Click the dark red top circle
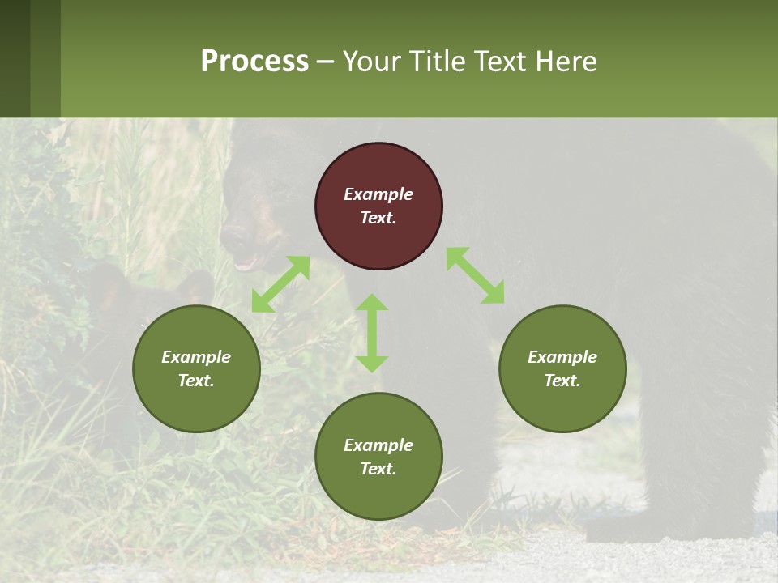point(378,206)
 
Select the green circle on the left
point(196,369)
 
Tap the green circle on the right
point(562,369)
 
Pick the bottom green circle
point(378,457)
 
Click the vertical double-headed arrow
point(372,333)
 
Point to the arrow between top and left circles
point(280,284)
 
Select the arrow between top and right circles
point(475,275)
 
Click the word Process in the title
point(254,62)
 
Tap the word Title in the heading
point(435,62)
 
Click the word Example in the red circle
point(378,194)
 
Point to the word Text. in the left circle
point(196,381)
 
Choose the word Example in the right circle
point(562,357)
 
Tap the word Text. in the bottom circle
point(378,469)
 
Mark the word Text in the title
point(496,62)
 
